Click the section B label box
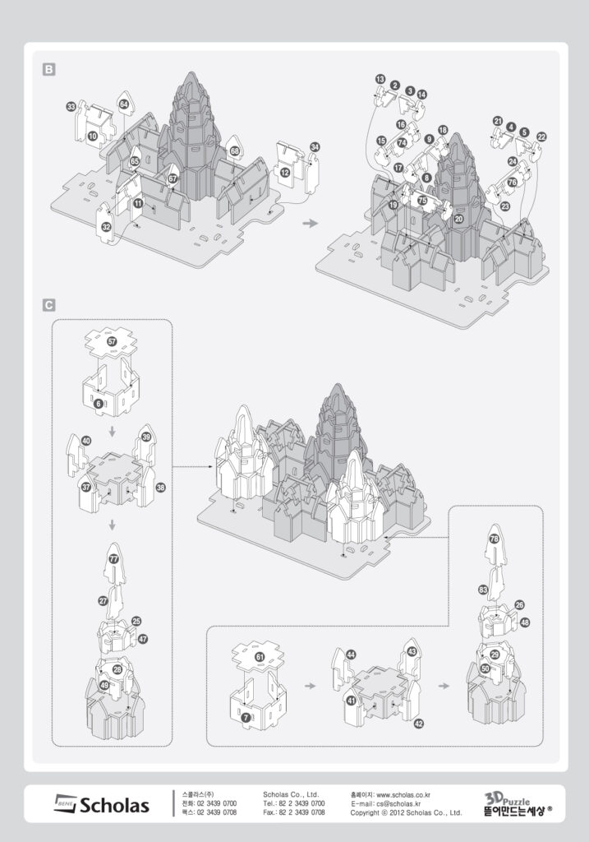coord(49,71)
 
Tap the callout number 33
coord(71,107)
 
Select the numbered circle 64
coord(124,104)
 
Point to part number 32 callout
coord(106,227)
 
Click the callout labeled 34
coord(315,147)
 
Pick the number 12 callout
coord(284,173)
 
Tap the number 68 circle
coord(235,151)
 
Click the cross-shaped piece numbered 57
coord(113,340)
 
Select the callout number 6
coord(99,404)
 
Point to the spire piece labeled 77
coord(113,559)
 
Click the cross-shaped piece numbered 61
coord(260,657)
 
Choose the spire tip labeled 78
coord(495,539)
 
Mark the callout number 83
coord(483,590)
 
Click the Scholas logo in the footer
coord(102,804)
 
